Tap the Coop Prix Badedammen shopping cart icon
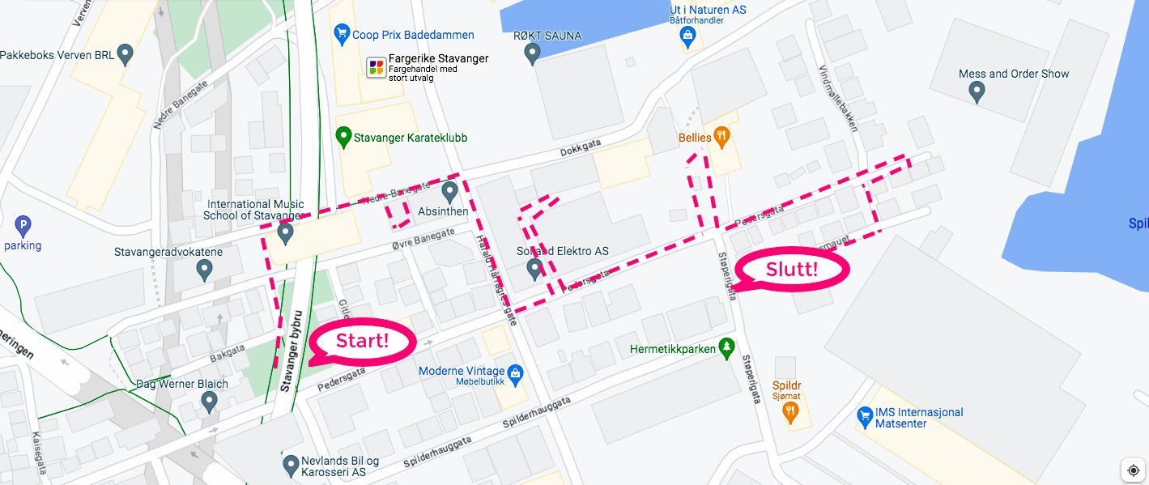pyautogui.click(x=342, y=34)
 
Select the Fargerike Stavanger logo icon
pyautogui.click(x=376, y=66)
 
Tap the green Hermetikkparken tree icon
pyautogui.click(x=726, y=348)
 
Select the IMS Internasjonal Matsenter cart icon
pyautogui.click(x=865, y=417)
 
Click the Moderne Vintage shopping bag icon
pyautogui.click(x=515, y=372)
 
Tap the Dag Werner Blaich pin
pyautogui.click(x=210, y=400)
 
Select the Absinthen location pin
pyautogui.click(x=451, y=192)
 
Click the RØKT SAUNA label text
pyautogui.click(x=547, y=36)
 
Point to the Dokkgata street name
pyautogui.click(x=581, y=147)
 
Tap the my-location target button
pyautogui.click(x=1132, y=470)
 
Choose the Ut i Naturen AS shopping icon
pyautogui.click(x=687, y=34)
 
